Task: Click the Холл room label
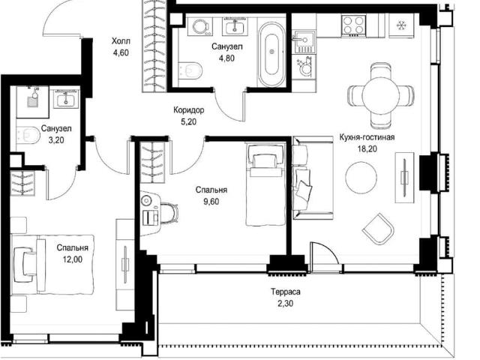click(121, 41)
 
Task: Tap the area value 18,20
click(367, 149)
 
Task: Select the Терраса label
click(285, 292)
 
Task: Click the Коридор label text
click(188, 110)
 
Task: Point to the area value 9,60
click(211, 202)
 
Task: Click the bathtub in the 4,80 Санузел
click(271, 55)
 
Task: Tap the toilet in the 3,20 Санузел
click(28, 135)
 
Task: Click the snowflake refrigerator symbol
click(400, 25)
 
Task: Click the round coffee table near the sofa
click(361, 178)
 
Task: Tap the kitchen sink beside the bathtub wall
click(304, 40)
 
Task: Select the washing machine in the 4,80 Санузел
click(200, 26)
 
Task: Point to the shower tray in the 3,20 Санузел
click(32, 102)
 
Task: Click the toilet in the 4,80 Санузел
click(190, 70)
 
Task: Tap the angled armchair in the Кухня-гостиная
click(378, 229)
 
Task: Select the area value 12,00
click(73, 259)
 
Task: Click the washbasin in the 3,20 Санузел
click(66, 99)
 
